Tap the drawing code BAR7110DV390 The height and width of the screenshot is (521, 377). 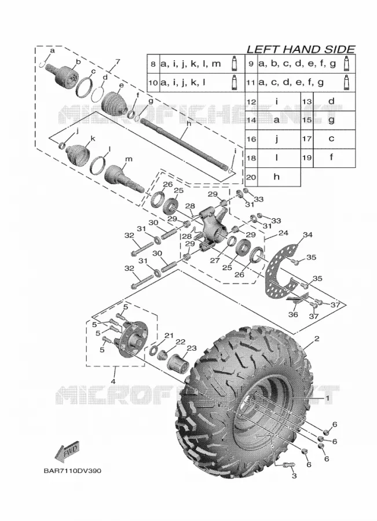pyautogui.click(x=72, y=471)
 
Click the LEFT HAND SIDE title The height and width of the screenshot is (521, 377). pyautogui.click(x=301, y=49)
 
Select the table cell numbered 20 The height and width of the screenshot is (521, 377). pyautogui.click(x=251, y=177)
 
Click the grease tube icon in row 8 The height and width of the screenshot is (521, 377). pyautogui.click(x=234, y=63)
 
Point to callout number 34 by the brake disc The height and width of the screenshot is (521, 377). pyautogui.click(x=308, y=235)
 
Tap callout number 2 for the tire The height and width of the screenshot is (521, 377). pyautogui.click(x=317, y=339)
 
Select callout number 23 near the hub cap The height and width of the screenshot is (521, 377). pyautogui.click(x=192, y=348)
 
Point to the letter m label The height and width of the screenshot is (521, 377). pyautogui.click(x=129, y=159)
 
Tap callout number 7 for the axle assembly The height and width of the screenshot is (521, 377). pyautogui.click(x=118, y=61)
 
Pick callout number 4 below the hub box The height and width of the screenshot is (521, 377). pyautogui.click(x=113, y=381)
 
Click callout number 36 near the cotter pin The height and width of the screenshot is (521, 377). pyautogui.click(x=293, y=314)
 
